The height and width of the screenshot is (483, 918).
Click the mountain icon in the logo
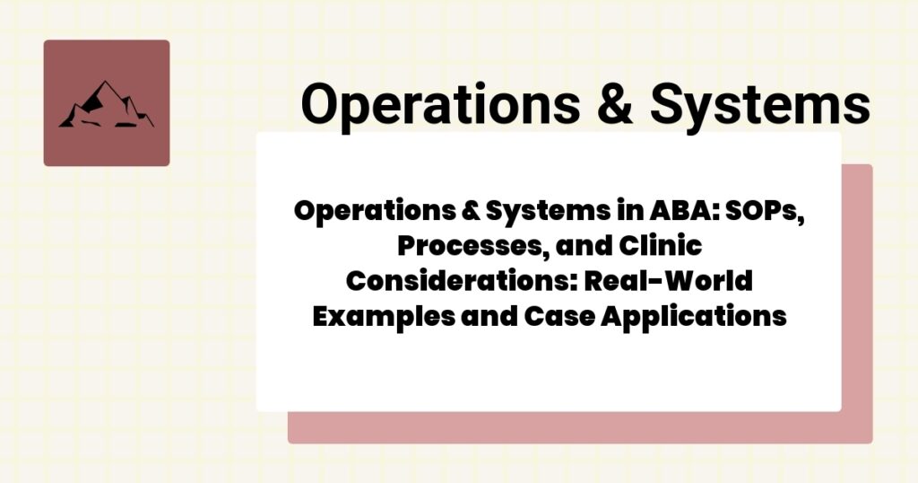[106, 105]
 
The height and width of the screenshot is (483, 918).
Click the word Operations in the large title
[440, 103]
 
